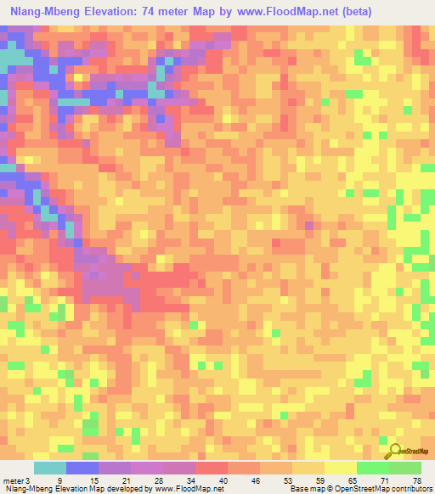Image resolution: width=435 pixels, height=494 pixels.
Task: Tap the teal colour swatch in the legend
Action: click(49, 468)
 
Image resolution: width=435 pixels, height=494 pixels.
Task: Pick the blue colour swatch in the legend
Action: click(82, 468)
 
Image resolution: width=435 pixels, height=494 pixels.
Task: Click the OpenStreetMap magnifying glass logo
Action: click(393, 452)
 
